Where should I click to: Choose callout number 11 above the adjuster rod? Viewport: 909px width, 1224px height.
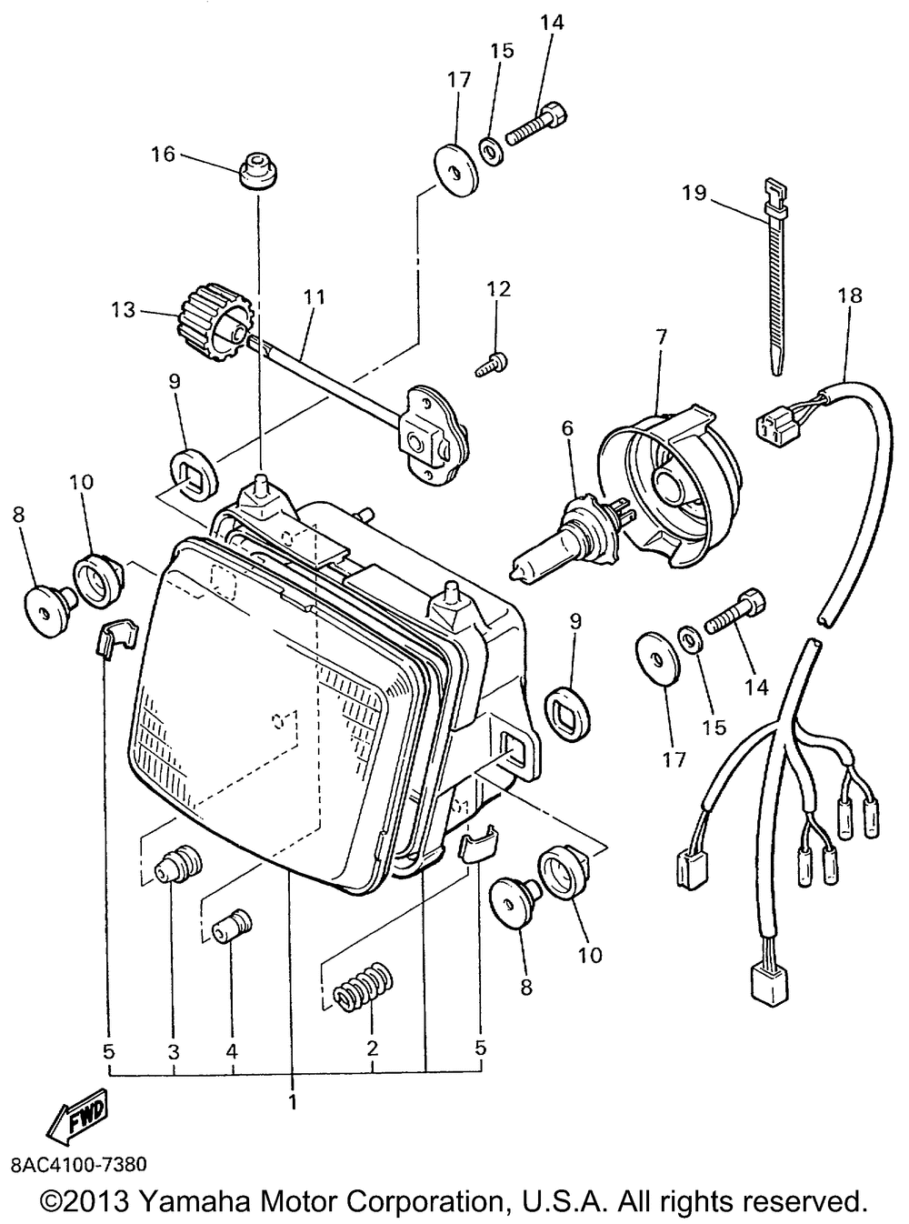315,296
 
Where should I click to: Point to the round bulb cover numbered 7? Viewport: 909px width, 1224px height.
673,491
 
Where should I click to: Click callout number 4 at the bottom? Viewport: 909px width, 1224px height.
233,1049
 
